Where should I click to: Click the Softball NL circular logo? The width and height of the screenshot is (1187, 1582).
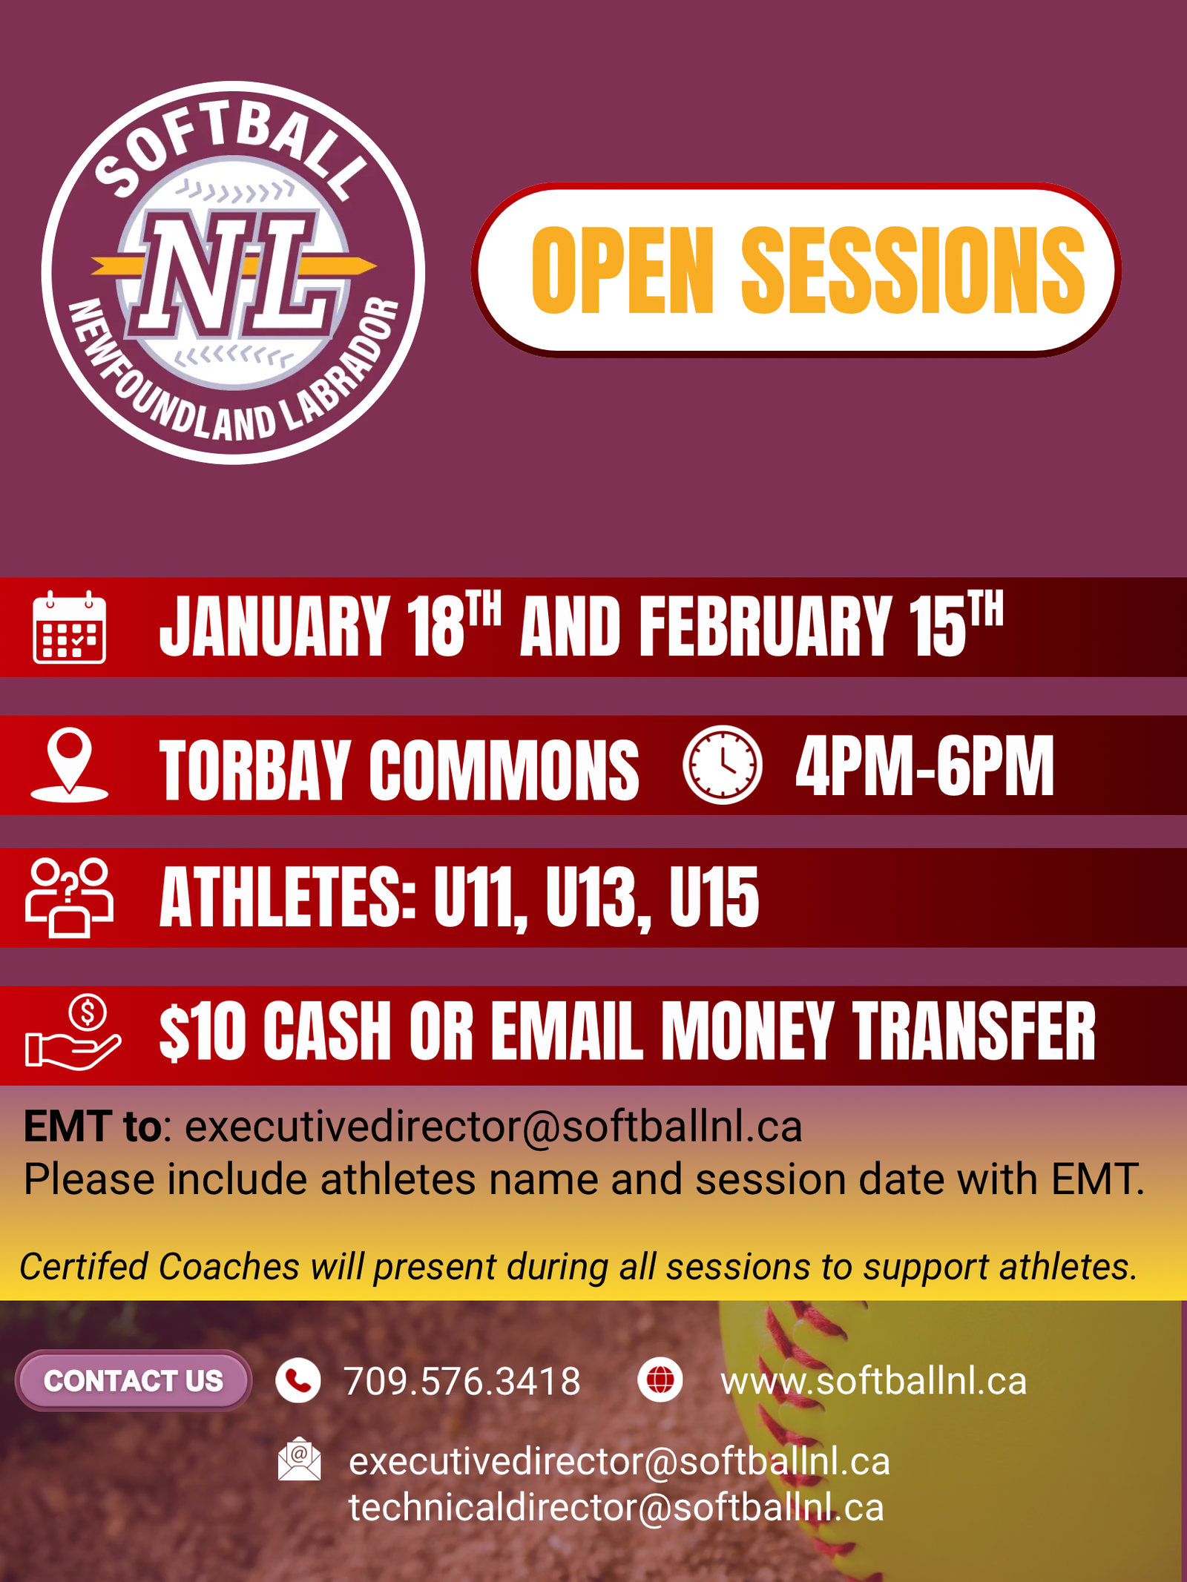(233, 272)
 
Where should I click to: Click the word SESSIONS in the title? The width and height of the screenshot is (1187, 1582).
(913, 271)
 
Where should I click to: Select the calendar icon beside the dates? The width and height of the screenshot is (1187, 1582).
(70, 627)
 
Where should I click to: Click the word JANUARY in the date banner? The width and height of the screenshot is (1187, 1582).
(274, 627)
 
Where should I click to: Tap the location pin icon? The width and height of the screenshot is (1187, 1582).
(70, 765)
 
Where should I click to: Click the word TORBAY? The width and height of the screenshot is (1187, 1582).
(254, 771)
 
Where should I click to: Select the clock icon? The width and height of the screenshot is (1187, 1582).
(722, 765)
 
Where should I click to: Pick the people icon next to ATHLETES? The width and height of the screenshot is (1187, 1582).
(70, 898)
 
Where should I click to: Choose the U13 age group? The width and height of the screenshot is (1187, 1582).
(599, 898)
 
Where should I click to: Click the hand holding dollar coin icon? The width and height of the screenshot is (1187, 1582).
(73, 1032)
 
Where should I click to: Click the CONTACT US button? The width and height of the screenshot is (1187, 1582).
(134, 1380)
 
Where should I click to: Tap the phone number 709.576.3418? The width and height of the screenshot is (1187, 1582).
(462, 1381)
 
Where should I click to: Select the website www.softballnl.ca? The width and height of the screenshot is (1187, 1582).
(874, 1381)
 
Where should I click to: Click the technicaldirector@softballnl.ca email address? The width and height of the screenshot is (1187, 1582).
(616, 1508)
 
